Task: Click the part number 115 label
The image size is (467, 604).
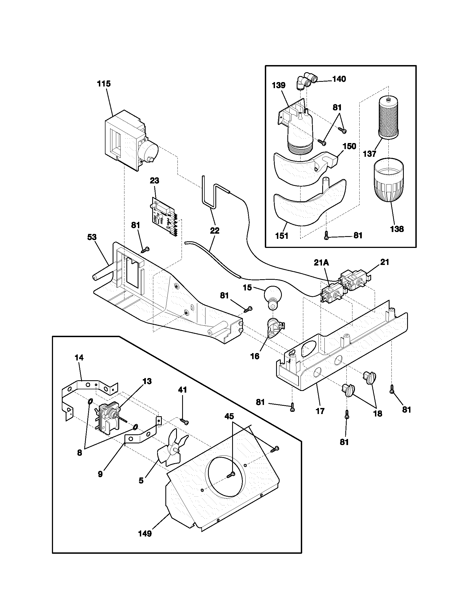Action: [x=104, y=84]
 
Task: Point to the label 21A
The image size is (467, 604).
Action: [x=321, y=263]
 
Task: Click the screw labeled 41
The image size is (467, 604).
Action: [x=184, y=422]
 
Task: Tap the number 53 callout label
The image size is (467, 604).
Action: [x=92, y=237]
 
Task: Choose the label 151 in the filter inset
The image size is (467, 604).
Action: [x=282, y=236]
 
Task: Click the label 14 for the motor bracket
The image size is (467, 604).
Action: [x=79, y=357]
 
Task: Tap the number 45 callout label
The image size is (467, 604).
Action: [x=229, y=416]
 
